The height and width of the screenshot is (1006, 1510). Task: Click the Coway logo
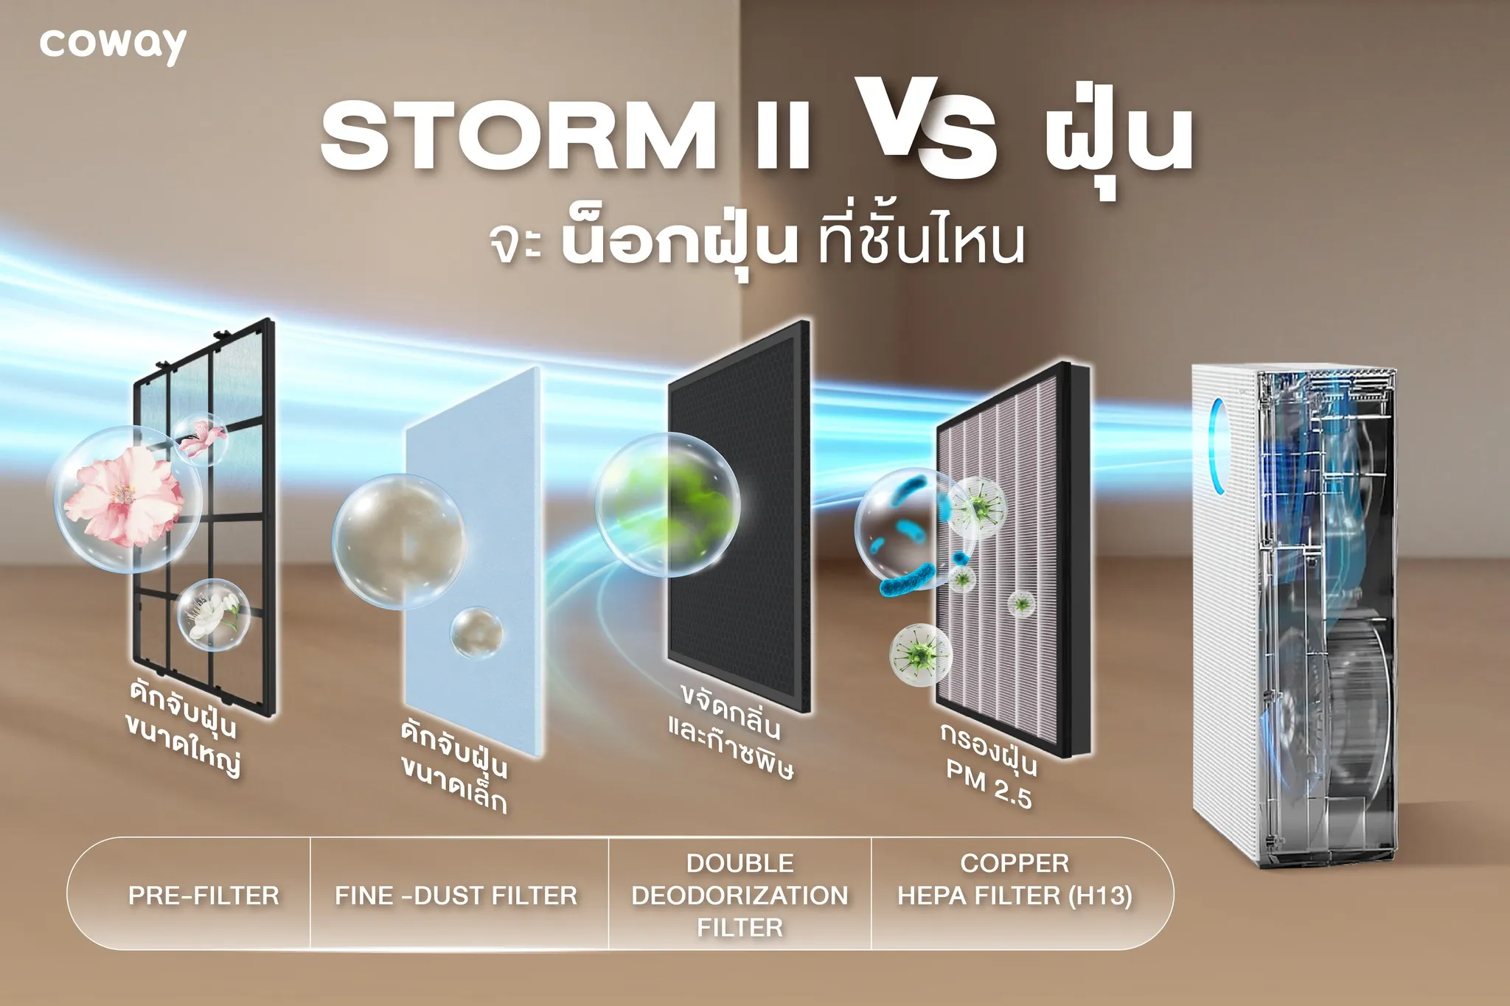click(x=113, y=46)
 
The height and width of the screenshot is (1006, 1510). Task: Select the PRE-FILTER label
click(x=203, y=895)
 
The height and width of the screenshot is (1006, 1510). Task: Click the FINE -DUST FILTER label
click(x=456, y=895)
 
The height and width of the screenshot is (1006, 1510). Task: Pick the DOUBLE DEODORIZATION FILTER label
click(x=740, y=895)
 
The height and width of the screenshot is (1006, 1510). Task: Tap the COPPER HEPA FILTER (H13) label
click(x=1015, y=879)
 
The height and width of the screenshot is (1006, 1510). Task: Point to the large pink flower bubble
click(x=127, y=500)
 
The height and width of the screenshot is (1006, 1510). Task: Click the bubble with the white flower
click(x=212, y=615)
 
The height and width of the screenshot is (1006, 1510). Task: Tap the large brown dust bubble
click(x=398, y=541)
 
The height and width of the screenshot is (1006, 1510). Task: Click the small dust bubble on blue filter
click(x=477, y=633)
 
